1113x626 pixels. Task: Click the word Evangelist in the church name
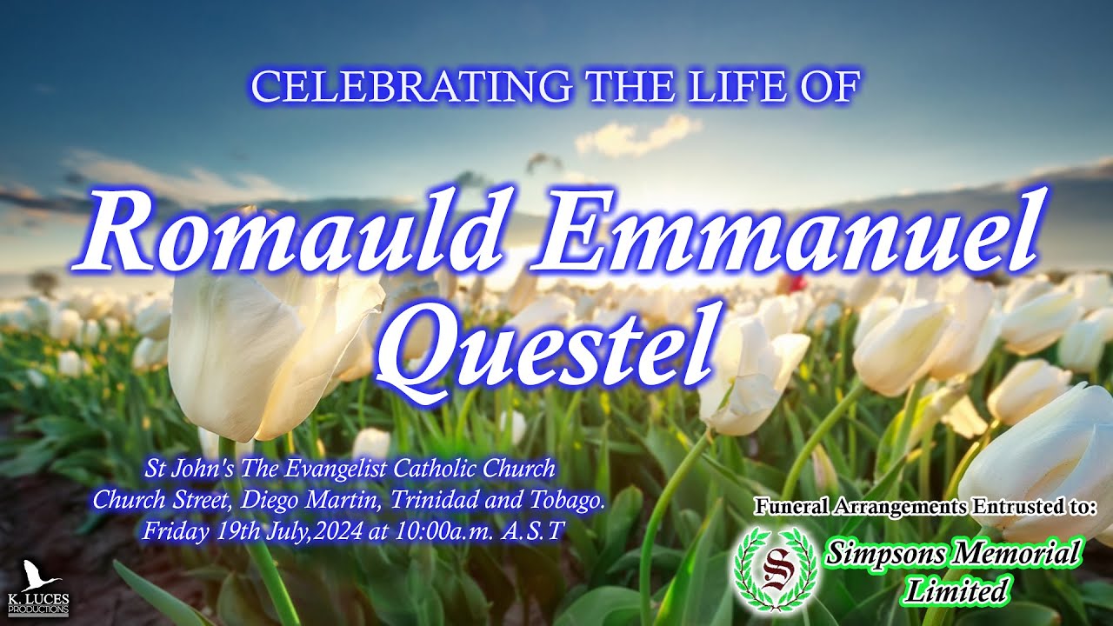334,469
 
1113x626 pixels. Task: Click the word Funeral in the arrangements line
792,505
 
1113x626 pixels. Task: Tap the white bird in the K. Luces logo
36,576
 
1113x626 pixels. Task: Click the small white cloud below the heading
639,134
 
